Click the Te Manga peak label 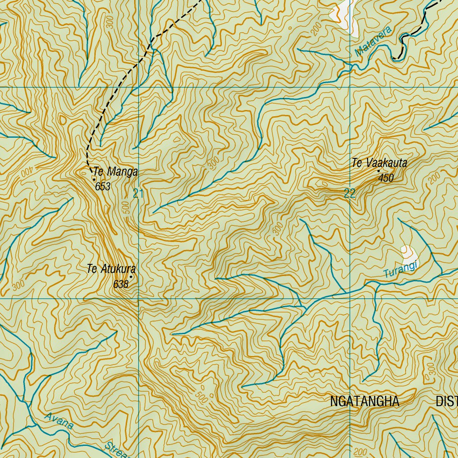point(115,172)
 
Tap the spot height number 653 point(103,187)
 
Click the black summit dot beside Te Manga point(94,179)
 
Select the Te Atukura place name point(111,269)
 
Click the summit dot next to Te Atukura point(131,276)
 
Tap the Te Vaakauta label point(379,163)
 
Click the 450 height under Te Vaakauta point(386,178)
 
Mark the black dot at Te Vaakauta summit point(378,171)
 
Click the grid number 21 point(138,194)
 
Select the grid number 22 point(350,194)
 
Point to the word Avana point(59,421)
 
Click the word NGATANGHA point(364,401)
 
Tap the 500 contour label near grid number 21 point(127,208)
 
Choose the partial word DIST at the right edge point(446,401)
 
